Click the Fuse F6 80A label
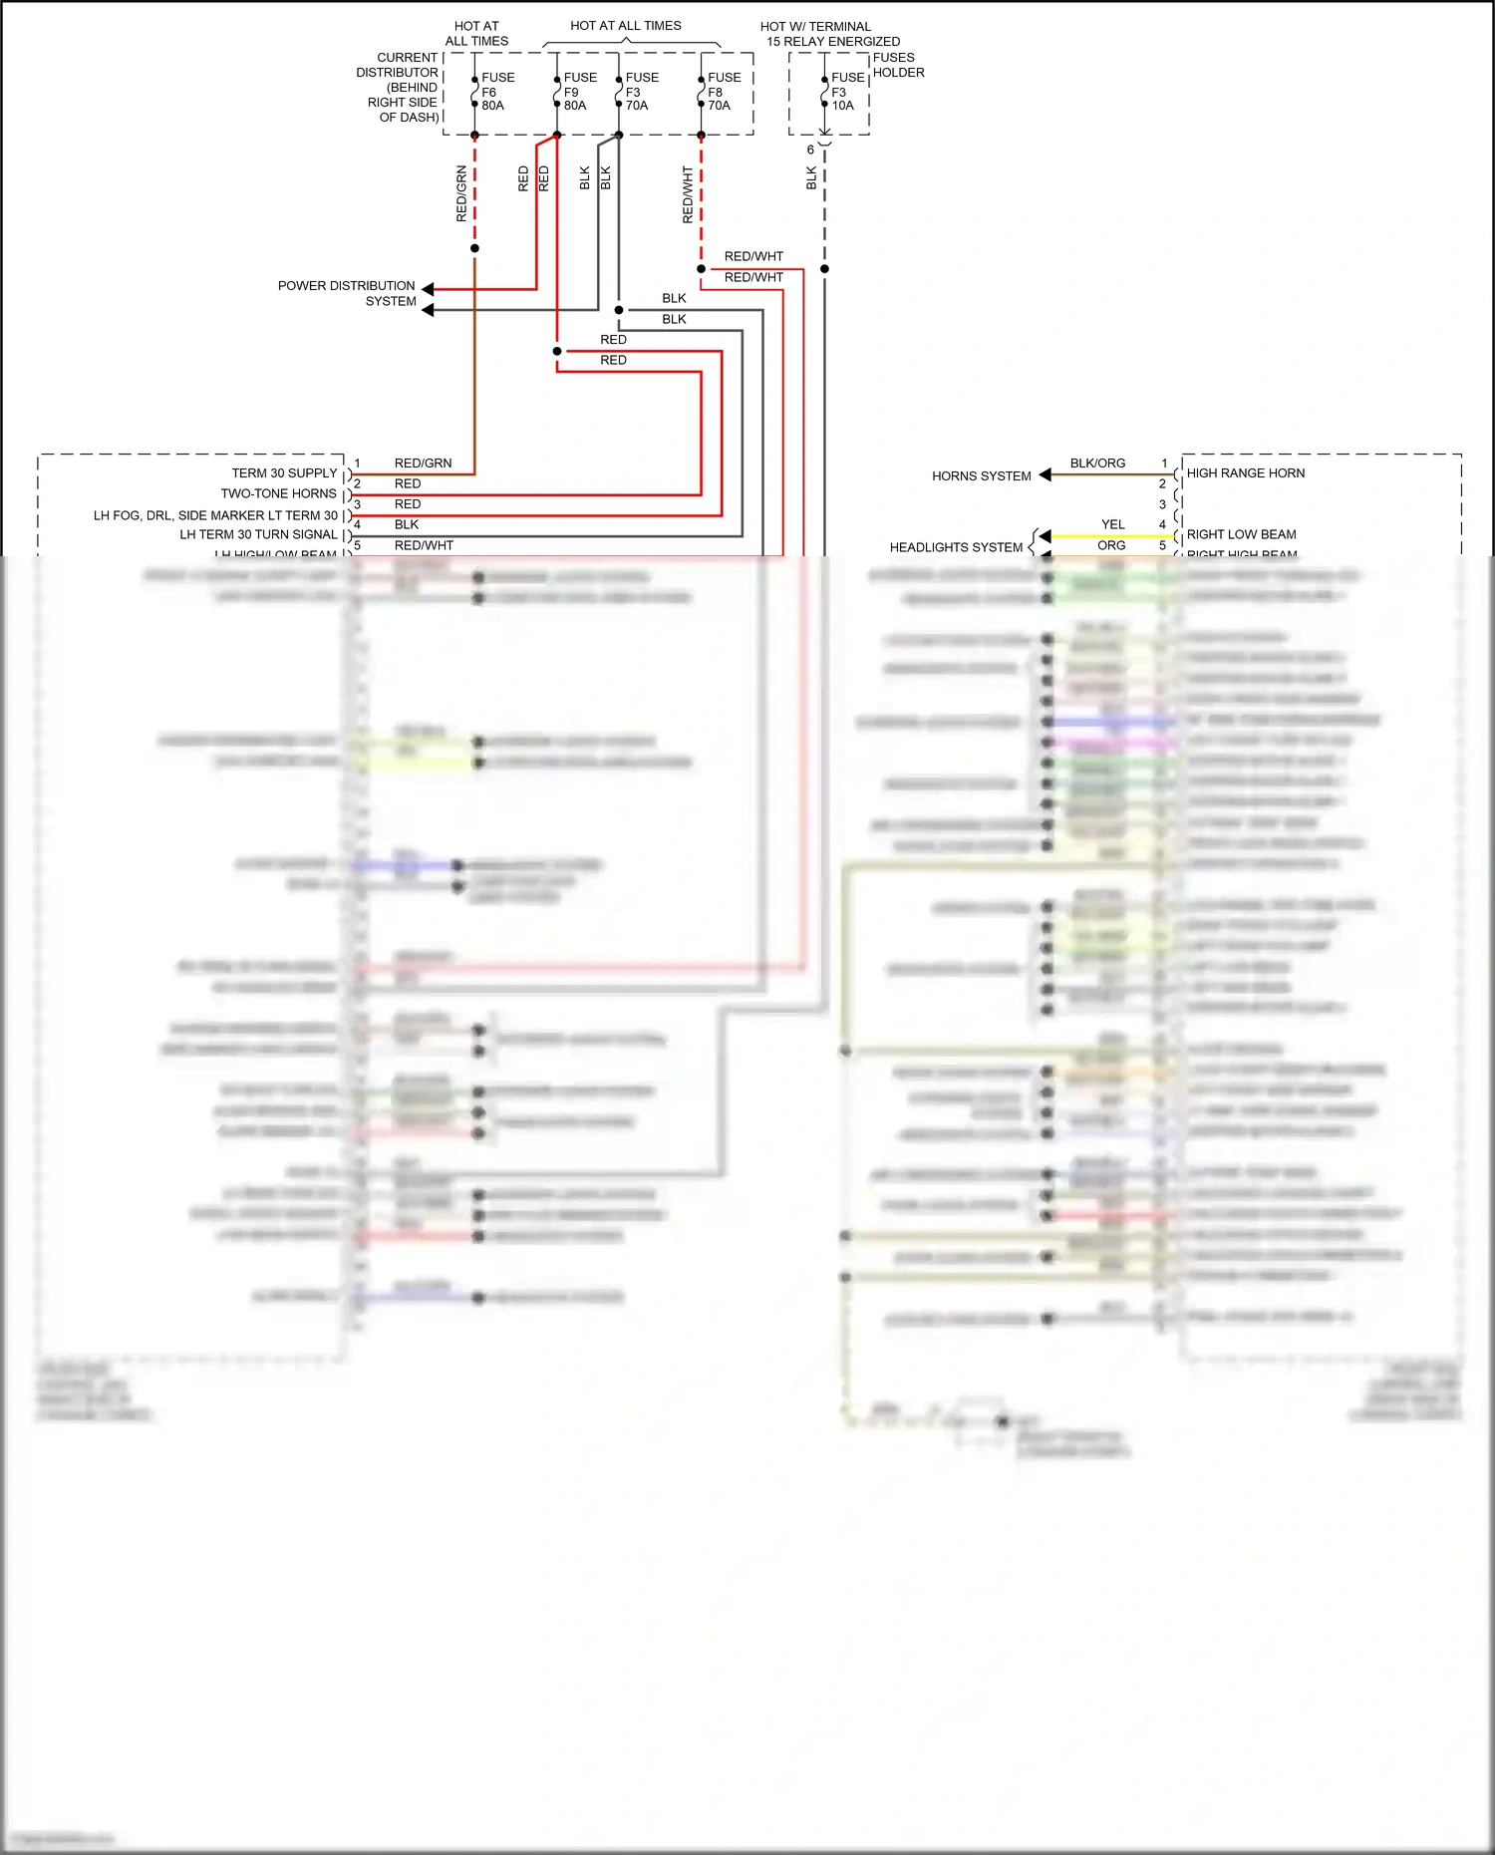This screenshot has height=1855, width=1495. pyautogui.click(x=495, y=91)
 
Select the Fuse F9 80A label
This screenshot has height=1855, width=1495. pyautogui.click(x=578, y=91)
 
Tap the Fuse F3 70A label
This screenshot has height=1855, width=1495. pyautogui.click(x=640, y=91)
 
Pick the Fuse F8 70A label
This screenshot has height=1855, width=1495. pyautogui.click(x=723, y=91)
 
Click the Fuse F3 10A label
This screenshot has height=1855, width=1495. pyautogui.click(x=846, y=91)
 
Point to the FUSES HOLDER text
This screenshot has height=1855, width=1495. pyautogui.click(x=898, y=65)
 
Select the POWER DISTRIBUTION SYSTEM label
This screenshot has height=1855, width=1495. pyautogui.click(x=346, y=293)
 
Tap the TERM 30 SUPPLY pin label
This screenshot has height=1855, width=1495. pyautogui.click(x=284, y=473)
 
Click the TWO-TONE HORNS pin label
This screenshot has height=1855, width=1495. pyautogui.click(x=278, y=493)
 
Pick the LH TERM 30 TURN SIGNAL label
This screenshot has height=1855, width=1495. pyautogui.click(x=258, y=534)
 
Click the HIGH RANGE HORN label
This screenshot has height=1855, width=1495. pyautogui.click(x=1245, y=473)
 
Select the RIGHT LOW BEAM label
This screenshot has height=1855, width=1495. pyautogui.click(x=1241, y=534)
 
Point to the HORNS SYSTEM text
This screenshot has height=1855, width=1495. pyautogui.click(x=981, y=476)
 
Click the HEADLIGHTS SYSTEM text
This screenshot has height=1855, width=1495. pyautogui.click(x=956, y=547)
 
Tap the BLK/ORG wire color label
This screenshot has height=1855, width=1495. pyautogui.click(x=1097, y=464)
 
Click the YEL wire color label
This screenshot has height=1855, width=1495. pyautogui.click(x=1112, y=524)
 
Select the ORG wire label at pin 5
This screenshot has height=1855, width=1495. pyautogui.click(x=1111, y=545)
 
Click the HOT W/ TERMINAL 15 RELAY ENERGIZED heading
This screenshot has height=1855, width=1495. pyautogui.click(x=831, y=34)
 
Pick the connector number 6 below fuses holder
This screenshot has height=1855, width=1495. pyautogui.click(x=810, y=150)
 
